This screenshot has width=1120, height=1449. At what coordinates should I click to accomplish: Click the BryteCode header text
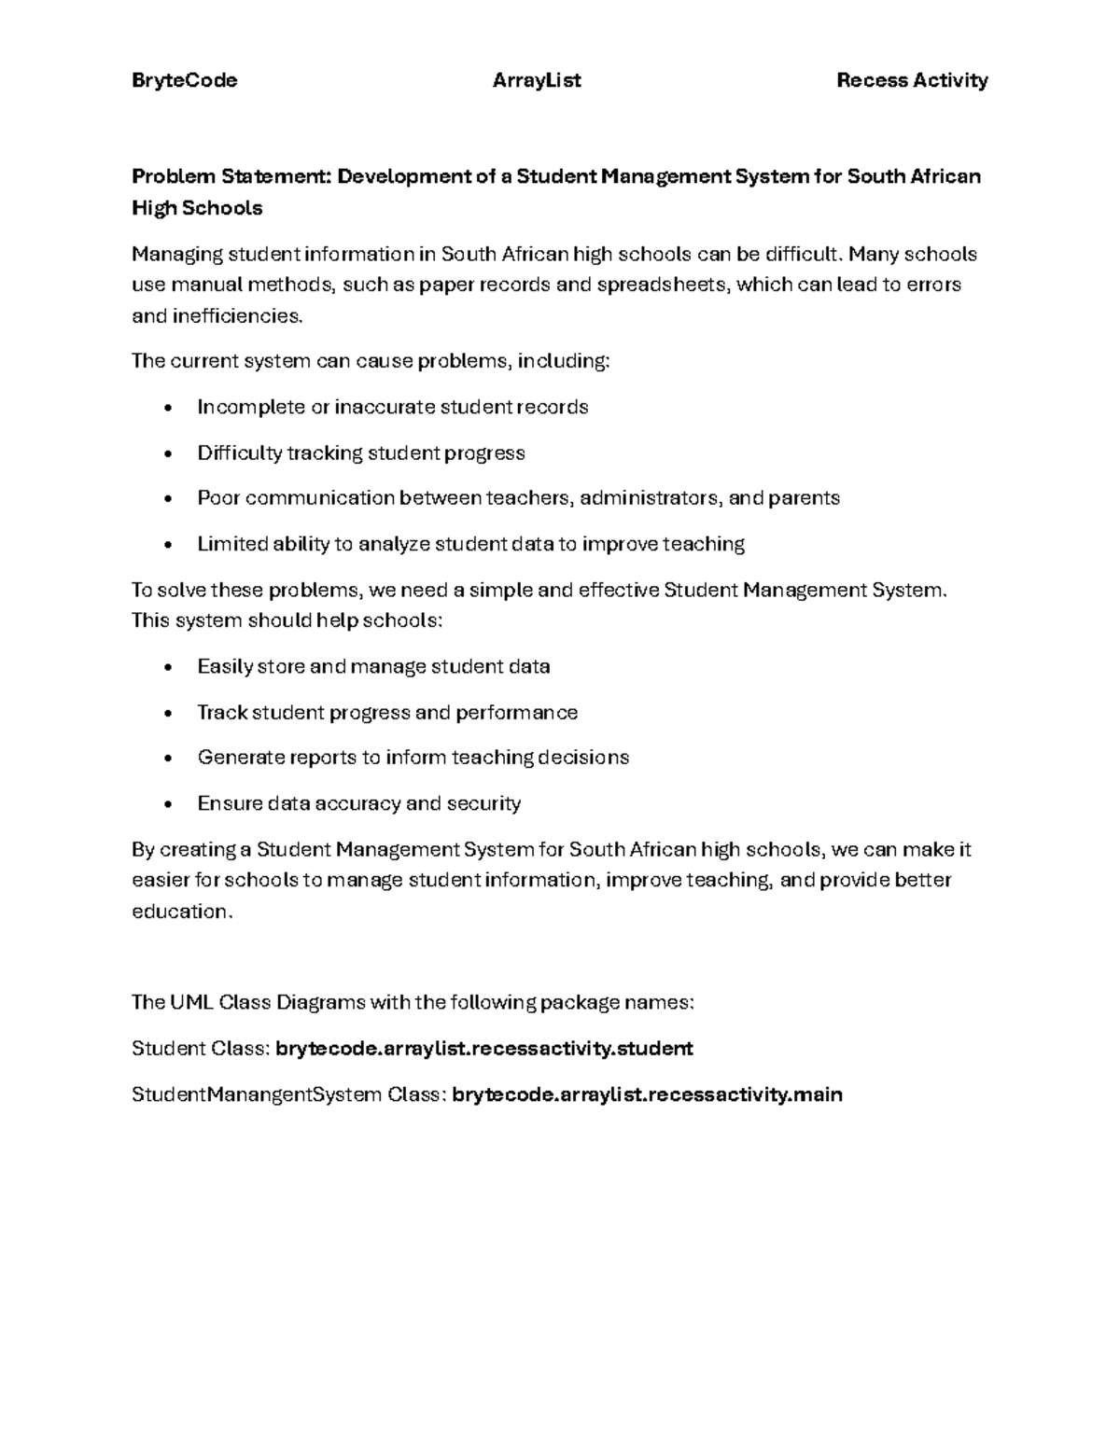(x=184, y=80)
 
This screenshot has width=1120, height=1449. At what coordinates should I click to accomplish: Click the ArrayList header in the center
(x=537, y=80)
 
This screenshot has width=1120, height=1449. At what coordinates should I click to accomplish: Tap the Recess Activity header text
(x=912, y=80)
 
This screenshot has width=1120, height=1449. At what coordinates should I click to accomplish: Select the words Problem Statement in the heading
(x=231, y=176)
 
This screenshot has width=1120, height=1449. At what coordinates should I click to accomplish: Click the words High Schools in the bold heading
(x=197, y=208)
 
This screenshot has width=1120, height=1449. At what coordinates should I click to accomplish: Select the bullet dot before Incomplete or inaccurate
(x=168, y=408)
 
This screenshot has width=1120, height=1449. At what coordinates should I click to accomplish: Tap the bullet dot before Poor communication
(x=168, y=499)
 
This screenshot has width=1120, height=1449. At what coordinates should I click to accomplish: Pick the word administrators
(x=651, y=498)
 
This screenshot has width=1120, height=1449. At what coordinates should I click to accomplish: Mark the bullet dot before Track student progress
(x=168, y=714)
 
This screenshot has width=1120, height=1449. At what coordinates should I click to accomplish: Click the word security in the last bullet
(x=483, y=803)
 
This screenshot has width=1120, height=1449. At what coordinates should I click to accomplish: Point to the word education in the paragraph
(x=179, y=912)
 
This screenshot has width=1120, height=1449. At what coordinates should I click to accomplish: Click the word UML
(x=191, y=1003)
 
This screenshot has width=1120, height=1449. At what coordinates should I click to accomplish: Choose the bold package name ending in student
(x=484, y=1049)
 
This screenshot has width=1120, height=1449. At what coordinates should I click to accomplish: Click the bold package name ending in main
(x=647, y=1094)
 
